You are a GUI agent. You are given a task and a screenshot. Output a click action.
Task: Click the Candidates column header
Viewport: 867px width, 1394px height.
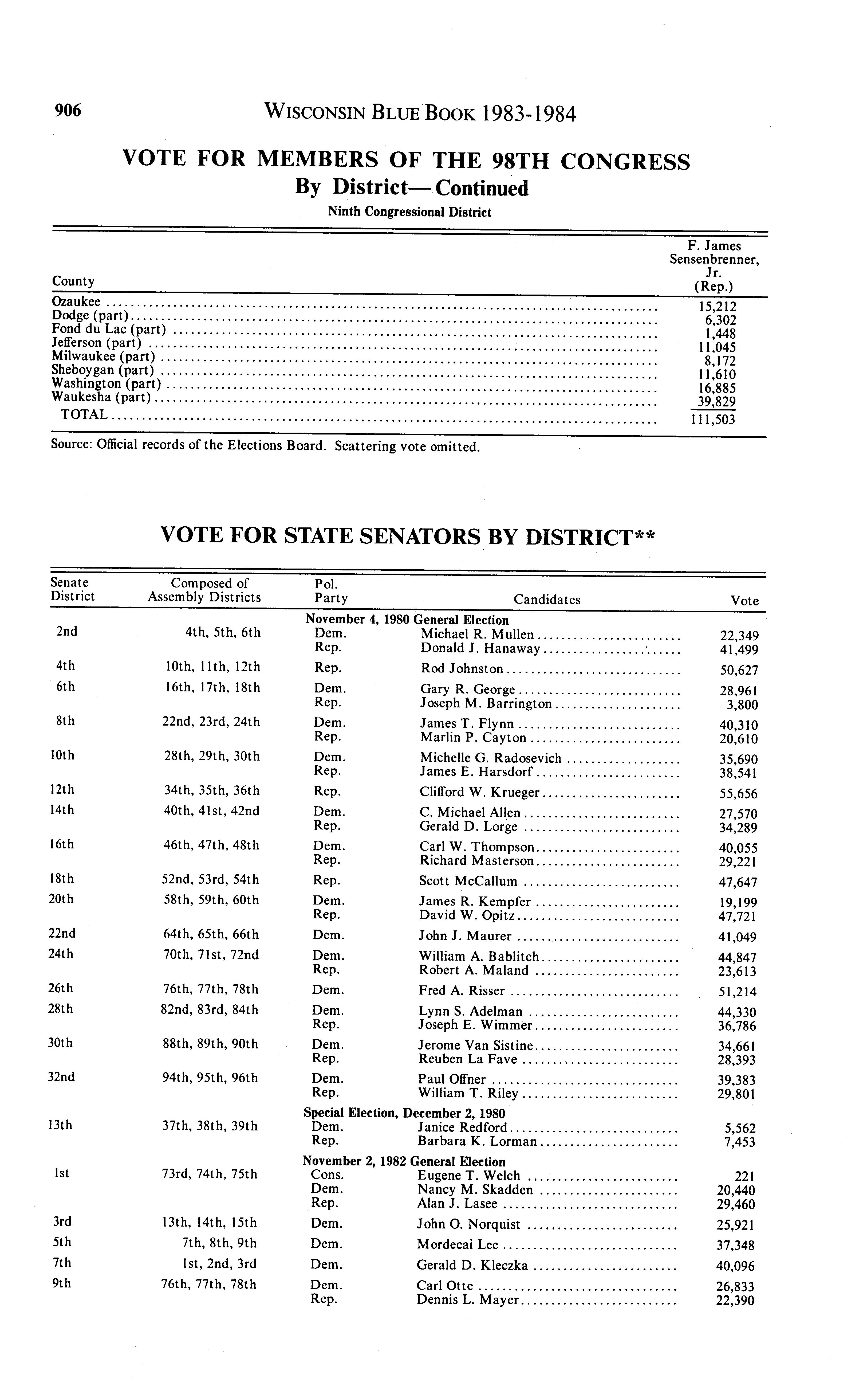click(546, 600)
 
